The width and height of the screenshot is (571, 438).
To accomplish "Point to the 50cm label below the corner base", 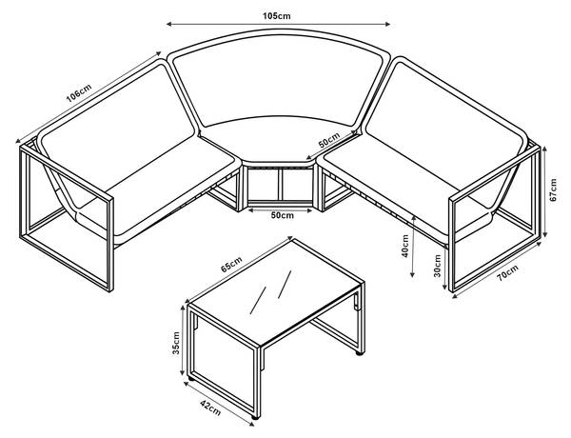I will pos(282,216).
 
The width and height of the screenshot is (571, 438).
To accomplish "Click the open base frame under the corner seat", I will pos(282,188).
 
